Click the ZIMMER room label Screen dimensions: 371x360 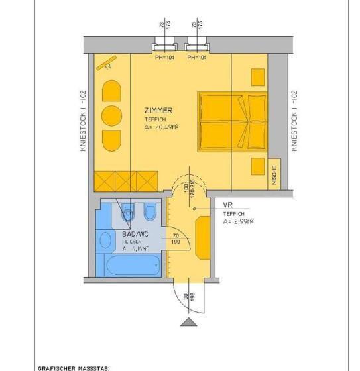point(159,111)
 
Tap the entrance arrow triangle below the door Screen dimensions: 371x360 point(189,322)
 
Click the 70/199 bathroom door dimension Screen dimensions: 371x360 point(176,238)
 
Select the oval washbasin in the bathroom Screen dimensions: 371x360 point(106,240)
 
